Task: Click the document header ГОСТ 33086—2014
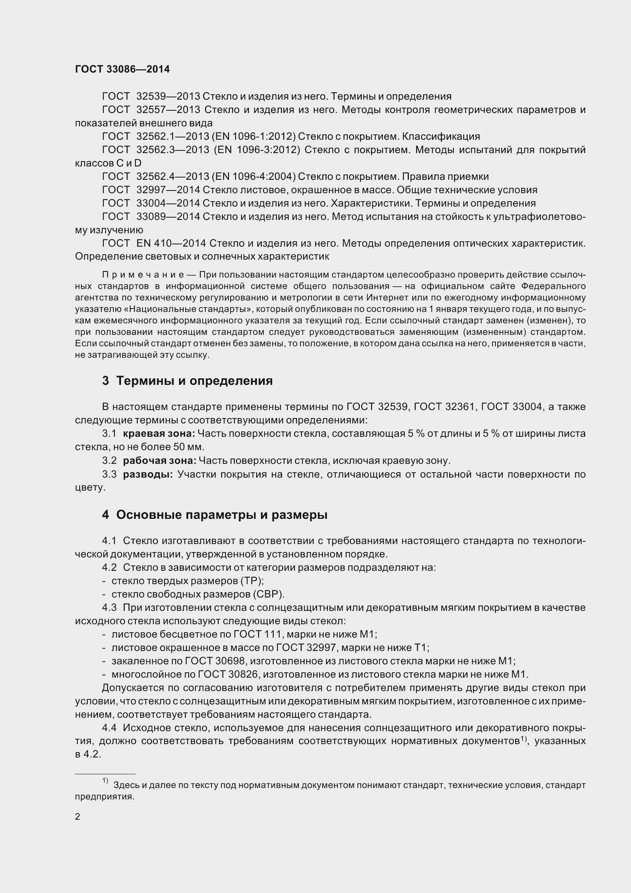point(123,69)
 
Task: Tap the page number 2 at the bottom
point(77,816)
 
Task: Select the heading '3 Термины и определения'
point(187,381)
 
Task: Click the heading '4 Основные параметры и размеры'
point(215,515)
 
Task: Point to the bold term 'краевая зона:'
point(159,434)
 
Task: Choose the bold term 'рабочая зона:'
point(160,461)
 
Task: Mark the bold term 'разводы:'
point(148,475)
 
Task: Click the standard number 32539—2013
point(168,97)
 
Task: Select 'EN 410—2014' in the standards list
point(171,244)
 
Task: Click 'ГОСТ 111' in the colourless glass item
point(257,635)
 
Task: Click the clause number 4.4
point(109,728)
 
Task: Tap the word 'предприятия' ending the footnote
point(104,796)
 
